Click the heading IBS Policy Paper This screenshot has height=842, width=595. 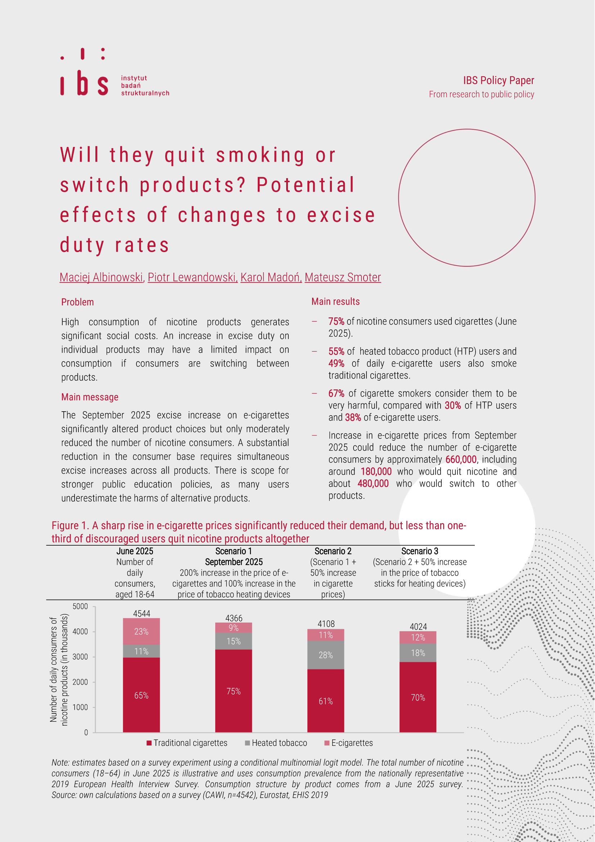(498, 80)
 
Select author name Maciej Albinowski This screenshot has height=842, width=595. (101, 277)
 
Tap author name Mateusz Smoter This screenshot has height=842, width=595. (342, 277)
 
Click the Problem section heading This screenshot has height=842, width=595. (77, 302)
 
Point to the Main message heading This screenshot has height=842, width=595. (90, 397)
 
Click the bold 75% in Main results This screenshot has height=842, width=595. (336, 322)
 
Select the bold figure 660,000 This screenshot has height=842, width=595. (461, 460)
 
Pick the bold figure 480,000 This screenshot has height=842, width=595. (373, 484)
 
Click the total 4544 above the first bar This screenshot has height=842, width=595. (141, 614)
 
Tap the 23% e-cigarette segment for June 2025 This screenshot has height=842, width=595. (141, 632)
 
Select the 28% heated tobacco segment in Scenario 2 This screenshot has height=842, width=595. (325, 655)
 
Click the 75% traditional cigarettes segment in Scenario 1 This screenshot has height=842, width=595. (234, 691)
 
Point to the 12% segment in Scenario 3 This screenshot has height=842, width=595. (418, 637)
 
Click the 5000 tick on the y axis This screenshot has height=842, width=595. (80, 606)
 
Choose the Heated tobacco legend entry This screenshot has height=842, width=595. (276, 743)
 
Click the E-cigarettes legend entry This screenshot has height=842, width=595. (349, 743)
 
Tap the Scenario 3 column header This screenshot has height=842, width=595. (419, 551)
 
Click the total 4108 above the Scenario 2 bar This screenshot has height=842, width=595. (326, 624)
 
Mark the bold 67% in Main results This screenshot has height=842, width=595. (336, 394)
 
